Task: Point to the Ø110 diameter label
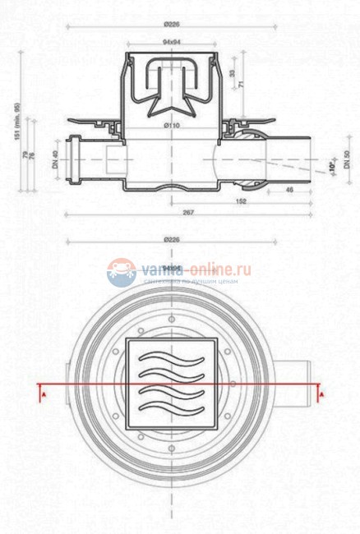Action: [172, 125]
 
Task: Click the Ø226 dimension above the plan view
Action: [172, 240]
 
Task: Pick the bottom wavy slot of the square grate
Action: [172, 407]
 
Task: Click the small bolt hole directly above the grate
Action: [172, 318]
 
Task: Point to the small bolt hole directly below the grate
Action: [172, 448]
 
